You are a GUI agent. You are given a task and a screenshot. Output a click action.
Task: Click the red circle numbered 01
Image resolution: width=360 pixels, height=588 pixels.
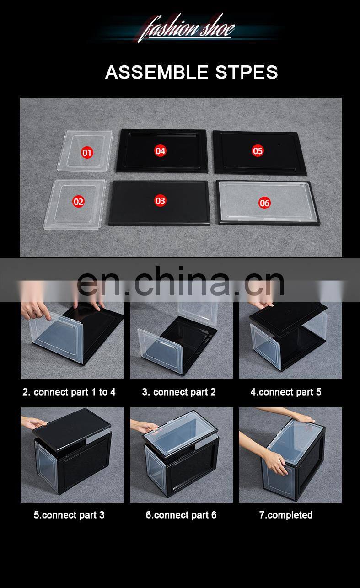87,153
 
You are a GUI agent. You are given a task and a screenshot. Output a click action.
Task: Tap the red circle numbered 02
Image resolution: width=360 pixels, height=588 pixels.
78,202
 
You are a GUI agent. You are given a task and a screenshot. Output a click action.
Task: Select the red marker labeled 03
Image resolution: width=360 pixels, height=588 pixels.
160,201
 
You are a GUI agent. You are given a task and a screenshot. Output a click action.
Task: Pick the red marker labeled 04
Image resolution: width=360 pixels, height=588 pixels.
160,151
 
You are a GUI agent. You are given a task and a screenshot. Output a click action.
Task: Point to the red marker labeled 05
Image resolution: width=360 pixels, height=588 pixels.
258,151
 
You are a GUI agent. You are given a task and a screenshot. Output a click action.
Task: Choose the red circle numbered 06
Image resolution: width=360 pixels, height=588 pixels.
264,203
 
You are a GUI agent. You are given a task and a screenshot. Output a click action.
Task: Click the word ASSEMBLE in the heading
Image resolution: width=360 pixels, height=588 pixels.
157,72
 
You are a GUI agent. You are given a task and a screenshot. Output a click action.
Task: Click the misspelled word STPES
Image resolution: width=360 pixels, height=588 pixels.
247,72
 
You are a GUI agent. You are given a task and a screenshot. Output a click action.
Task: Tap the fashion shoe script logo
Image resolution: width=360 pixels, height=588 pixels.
187,28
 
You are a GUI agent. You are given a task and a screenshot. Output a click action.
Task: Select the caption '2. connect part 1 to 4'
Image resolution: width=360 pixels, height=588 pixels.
69,392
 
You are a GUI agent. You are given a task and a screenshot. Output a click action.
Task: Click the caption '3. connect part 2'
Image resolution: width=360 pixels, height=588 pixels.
179,392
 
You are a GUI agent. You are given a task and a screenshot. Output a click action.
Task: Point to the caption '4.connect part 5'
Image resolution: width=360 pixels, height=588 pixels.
286,392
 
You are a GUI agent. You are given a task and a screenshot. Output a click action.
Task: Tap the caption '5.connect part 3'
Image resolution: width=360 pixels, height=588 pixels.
69,515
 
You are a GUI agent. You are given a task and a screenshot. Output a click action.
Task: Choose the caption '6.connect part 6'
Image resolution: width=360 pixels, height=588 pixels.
181,515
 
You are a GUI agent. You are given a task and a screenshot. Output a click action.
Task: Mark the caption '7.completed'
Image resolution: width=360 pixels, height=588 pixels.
286,515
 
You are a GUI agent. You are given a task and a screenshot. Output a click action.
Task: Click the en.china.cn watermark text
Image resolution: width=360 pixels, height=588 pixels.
181,280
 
